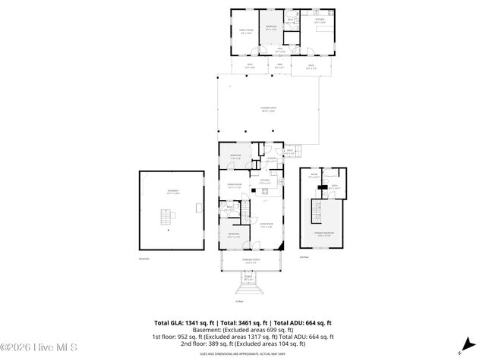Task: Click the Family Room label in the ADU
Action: (245, 31)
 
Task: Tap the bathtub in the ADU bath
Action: (292, 16)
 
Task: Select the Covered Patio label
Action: (268, 110)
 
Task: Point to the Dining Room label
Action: (235, 186)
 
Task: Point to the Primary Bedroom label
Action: (325, 235)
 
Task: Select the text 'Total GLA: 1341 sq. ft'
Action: (185, 323)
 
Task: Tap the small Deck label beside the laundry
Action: (290, 152)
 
